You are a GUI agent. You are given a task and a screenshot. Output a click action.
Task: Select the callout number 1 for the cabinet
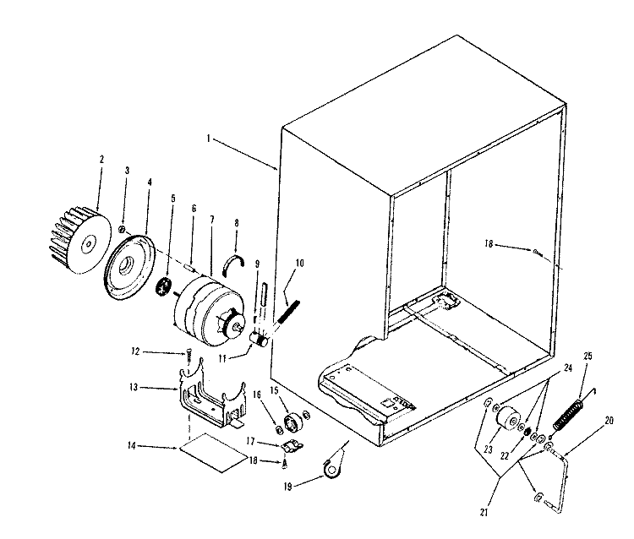point(209,139)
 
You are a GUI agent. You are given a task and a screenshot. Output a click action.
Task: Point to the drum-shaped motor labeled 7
point(209,308)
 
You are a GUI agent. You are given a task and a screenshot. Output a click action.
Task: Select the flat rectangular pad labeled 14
point(214,453)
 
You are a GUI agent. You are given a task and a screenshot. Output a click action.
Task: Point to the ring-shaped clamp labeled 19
point(333,469)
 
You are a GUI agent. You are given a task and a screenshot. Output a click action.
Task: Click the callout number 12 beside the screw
point(135,351)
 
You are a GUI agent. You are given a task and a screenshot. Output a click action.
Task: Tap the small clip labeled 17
point(292,446)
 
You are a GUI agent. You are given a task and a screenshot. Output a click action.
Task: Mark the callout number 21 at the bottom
point(484,512)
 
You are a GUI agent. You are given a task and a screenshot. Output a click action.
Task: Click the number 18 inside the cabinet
point(489,243)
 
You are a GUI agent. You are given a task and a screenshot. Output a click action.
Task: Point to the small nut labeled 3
point(121,229)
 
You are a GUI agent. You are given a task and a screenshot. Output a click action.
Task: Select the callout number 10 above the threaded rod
point(299,263)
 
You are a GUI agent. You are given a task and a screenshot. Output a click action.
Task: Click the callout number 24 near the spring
point(568,368)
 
